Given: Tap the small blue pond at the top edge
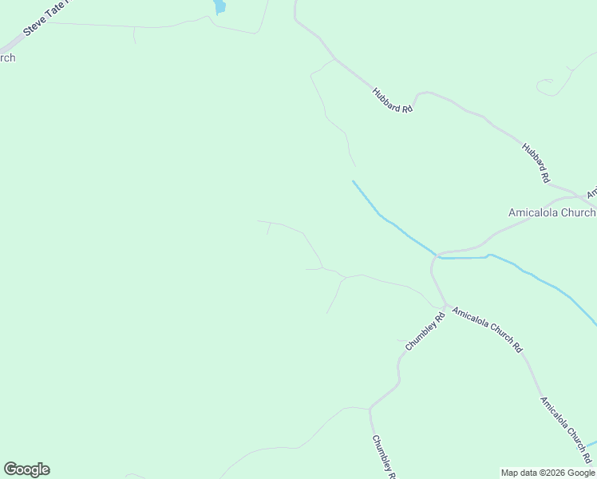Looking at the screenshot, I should pyautogui.click(x=219, y=6).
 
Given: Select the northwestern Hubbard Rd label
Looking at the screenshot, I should pyautogui.click(x=392, y=99).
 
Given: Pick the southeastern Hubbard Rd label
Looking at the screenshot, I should pyautogui.click(x=536, y=162).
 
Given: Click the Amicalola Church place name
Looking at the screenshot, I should pyautogui.click(x=552, y=212).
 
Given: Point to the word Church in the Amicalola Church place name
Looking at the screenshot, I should pyautogui.click(x=579, y=212).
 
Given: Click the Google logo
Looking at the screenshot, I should pyautogui.click(x=26, y=469).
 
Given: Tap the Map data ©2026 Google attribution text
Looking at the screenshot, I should pyautogui.click(x=548, y=473).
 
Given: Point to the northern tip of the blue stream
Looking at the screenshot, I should pyautogui.click(x=353, y=181).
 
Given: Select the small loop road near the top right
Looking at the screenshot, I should pyautogui.click(x=546, y=85).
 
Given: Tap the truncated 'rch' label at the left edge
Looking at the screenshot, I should pyautogui.click(x=7, y=57).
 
